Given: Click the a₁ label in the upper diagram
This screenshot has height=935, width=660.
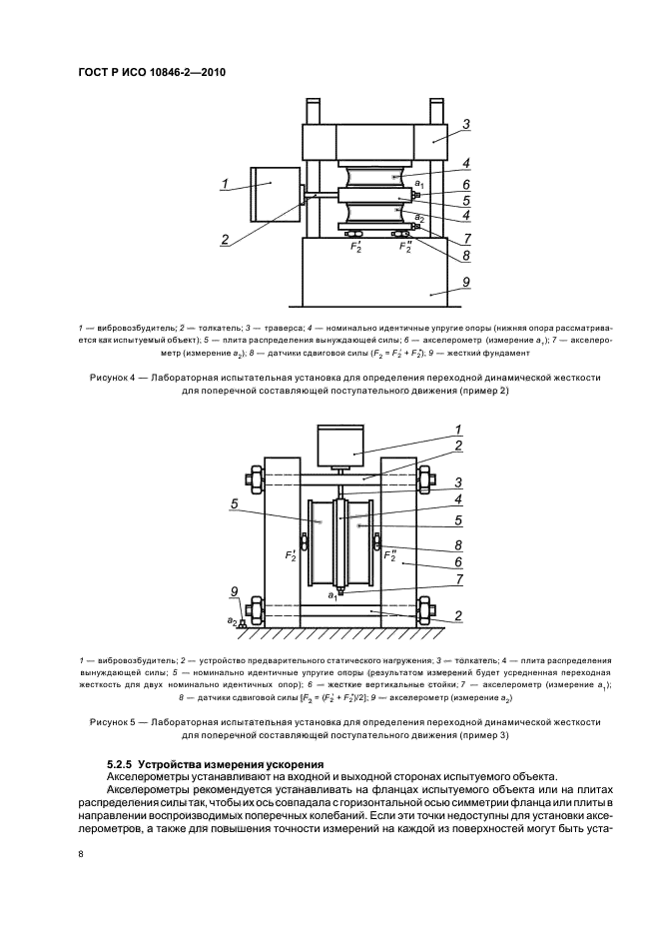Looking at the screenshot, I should pos(420,185).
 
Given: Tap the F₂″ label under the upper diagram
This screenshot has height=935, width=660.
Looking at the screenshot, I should pos(406,245).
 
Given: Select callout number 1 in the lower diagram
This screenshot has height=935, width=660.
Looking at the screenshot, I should pos(457,428).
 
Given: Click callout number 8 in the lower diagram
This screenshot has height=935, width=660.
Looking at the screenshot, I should pos(457,545).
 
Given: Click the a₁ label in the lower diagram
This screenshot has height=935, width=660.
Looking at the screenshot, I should pos(331,594).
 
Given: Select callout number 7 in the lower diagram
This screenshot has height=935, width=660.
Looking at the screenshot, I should pos(457,577).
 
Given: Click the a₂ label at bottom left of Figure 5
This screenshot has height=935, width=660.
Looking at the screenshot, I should pos(231,620).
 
